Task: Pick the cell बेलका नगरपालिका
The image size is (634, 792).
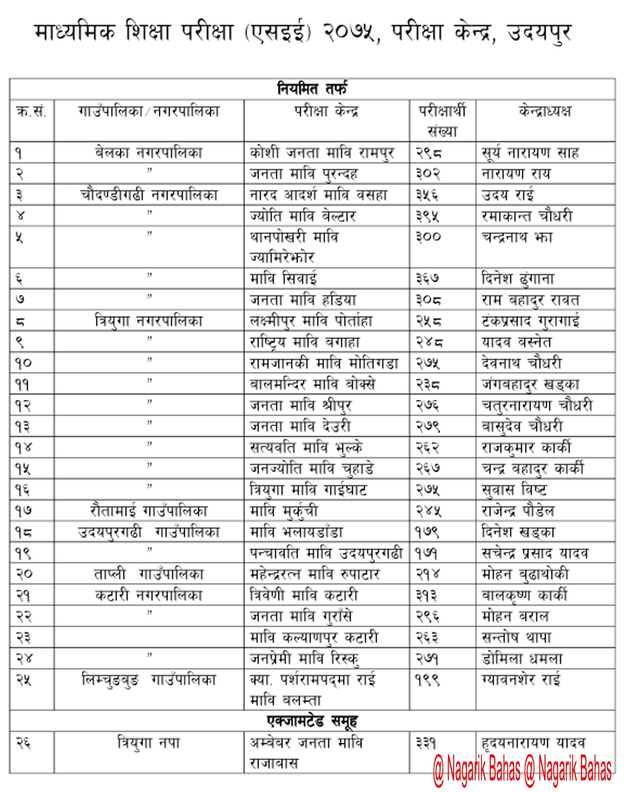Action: (149, 152)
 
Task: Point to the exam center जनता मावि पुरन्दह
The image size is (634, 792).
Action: (304, 174)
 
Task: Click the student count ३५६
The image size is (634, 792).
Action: (427, 195)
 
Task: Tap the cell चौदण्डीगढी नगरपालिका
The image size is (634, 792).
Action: (149, 195)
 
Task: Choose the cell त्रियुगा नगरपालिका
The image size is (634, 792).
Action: (149, 321)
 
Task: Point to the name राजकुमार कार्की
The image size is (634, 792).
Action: (526, 447)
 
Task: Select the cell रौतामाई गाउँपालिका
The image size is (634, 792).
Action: (149, 511)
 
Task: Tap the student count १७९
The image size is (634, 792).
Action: (427, 531)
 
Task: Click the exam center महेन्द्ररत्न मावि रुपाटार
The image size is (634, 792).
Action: (315, 574)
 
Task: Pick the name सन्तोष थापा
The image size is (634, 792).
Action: (516, 637)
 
